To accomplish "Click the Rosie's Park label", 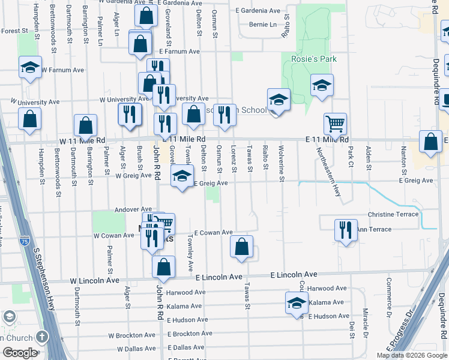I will click(x=313, y=59).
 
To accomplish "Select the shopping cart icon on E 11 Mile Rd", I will click(x=335, y=124).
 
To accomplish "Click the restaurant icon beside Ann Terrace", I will click(x=345, y=230).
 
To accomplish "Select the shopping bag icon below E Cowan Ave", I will click(x=241, y=246).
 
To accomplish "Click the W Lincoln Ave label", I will click(x=95, y=280).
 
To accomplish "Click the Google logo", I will click(x=19, y=352).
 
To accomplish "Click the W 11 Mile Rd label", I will click(x=82, y=140).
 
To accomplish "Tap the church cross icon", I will click(x=42, y=337).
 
